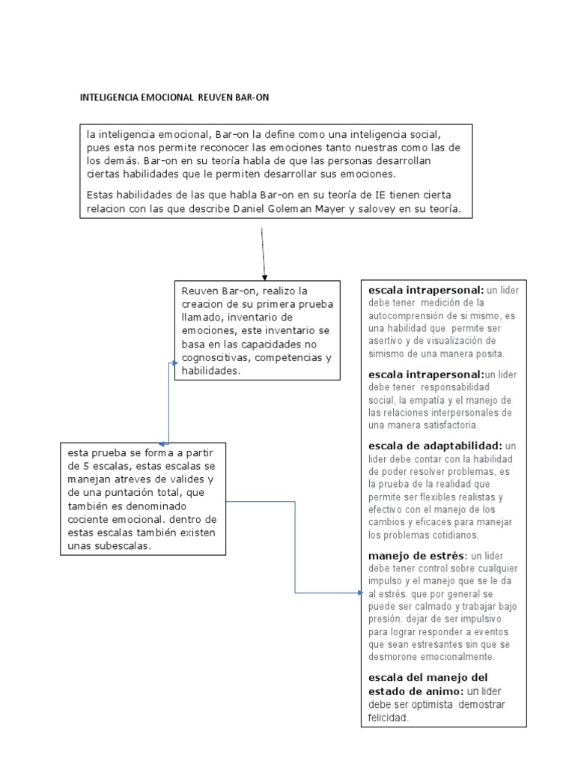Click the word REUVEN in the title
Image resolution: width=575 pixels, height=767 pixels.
216,98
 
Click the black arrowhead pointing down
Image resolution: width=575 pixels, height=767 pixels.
264,276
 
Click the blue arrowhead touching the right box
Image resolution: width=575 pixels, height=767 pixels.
357,593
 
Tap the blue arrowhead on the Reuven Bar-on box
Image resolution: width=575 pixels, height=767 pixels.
173,363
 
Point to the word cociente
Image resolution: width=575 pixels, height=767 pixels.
91,519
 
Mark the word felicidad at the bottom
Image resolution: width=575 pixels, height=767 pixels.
388,718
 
